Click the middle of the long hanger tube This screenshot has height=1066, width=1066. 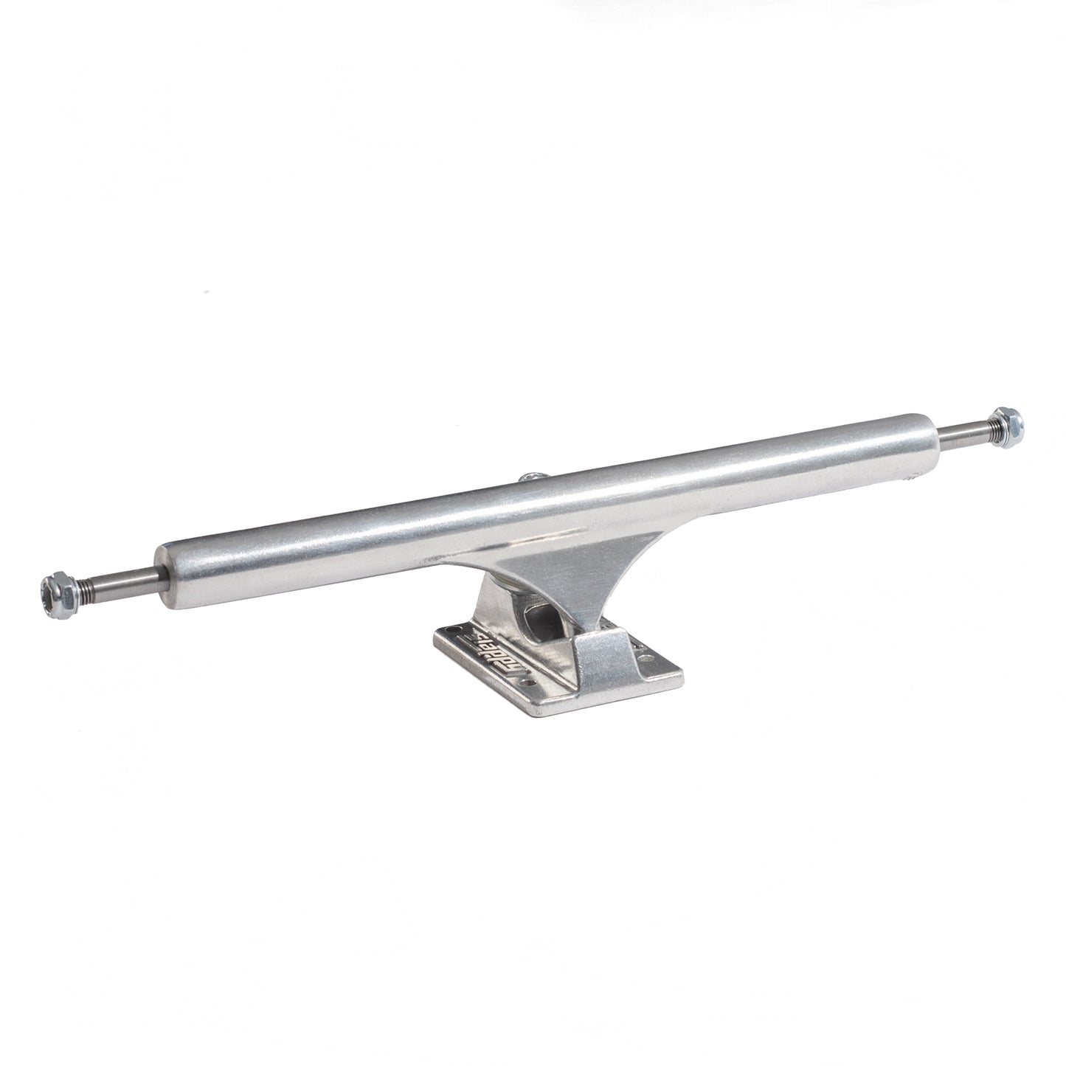pos(546,509)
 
